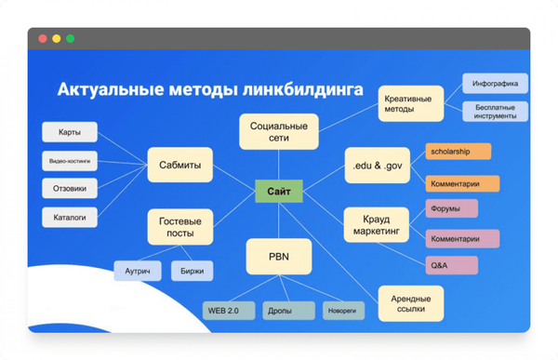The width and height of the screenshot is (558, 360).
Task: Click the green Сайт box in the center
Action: click(x=278, y=193)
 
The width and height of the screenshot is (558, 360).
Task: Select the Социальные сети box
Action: click(x=278, y=132)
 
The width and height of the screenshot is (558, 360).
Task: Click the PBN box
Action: click(x=277, y=256)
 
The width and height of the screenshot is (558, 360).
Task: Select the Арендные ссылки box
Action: click(x=411, y=301)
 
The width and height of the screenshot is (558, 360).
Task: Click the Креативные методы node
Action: click(x=409, y=103)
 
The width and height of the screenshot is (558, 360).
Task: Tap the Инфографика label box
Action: click(x=495, y=84)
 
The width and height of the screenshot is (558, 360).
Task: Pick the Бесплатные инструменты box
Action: click(x=495, y=113)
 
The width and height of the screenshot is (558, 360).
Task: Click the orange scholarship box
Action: click(x=458, y=151)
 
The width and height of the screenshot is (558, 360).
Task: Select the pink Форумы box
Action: click(x=452, y=208)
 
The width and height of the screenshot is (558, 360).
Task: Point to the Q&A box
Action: click(x=452, y=265)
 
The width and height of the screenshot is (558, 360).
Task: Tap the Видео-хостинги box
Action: click(x=70, y=160)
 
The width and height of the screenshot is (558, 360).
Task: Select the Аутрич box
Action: click(x=139, y=271)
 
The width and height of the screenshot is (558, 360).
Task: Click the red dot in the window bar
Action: click(x=42, y=39)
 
